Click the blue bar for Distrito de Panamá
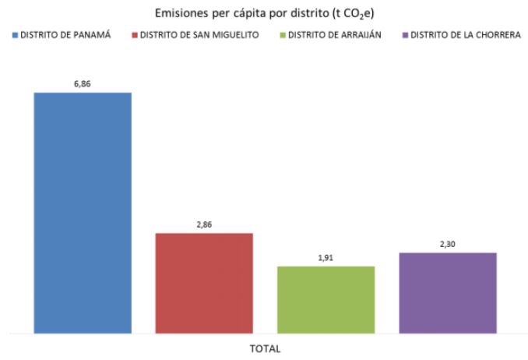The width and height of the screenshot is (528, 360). [x=83, y=213]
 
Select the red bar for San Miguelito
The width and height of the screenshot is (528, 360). [x=204, y=283]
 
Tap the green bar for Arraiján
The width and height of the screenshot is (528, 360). [x=326, y=300]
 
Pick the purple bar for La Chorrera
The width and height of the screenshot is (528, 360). [x=447, y=293]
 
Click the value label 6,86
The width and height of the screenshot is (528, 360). [x=83, y=82]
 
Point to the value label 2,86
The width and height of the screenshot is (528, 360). [x=204, y=224]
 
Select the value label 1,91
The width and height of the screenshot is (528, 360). [x=326, y=256]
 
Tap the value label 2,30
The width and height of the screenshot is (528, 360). [x=447, y=243]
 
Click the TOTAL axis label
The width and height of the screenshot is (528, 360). [x=265, y=348]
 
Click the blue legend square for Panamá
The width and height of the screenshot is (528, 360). [x=16, y=35]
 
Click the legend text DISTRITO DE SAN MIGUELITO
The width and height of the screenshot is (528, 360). [x=208, y=35]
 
